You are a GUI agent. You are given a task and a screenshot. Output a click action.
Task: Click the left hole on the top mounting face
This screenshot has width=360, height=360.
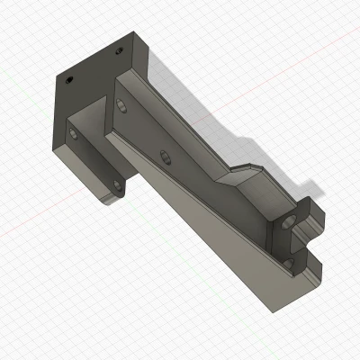(68, 79)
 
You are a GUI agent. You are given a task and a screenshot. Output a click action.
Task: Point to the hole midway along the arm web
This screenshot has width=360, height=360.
(165, 158)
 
